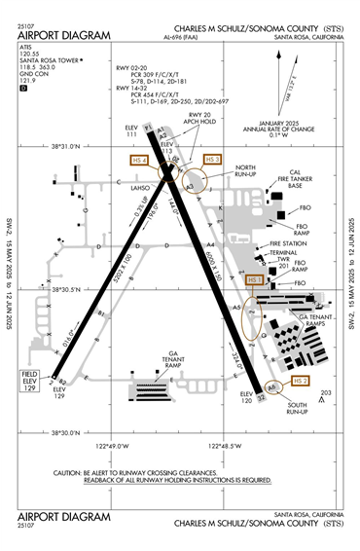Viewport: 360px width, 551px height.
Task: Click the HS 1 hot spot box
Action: pos(256,280)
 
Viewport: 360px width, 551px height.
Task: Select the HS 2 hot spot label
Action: pos(301,380)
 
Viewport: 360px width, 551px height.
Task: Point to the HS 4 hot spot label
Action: pos(139,159)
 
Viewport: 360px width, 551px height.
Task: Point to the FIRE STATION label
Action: pos(288,243)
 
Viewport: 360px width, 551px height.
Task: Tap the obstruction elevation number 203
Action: pos(325,392)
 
